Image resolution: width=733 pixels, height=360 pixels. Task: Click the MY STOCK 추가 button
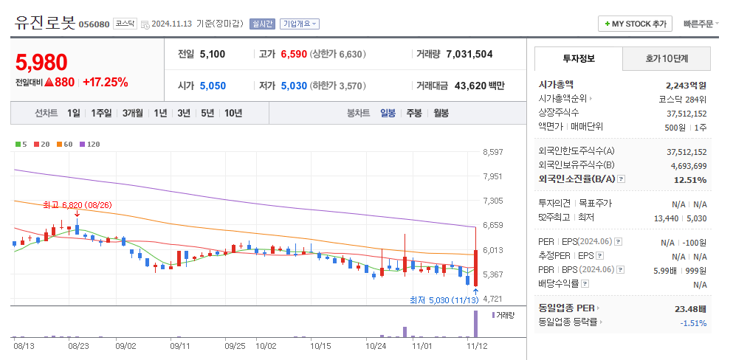coord(635,24)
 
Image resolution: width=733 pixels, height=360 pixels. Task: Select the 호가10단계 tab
coord(666,58)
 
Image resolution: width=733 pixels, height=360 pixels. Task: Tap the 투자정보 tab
coord(578,58)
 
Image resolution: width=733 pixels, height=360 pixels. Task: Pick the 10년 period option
coord(233,113)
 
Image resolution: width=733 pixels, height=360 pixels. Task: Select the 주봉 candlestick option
coord(414,113)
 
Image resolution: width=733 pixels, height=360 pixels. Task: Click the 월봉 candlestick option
coord(441,113)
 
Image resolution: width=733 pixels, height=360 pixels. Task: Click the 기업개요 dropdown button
coord(299,24)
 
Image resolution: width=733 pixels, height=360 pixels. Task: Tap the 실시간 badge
coord(262,24)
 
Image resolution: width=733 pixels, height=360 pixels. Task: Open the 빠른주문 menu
coord(698,24)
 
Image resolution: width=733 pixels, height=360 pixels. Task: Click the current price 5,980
coord(41,63)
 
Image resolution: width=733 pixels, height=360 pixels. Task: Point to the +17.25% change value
coord(105,82)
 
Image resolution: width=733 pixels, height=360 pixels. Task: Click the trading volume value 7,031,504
coord(469,54)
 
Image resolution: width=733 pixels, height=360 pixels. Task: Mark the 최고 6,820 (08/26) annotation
coord(77,204)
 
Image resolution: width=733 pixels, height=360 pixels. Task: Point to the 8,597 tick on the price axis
coord(492,152)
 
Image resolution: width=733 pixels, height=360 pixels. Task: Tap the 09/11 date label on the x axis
coord(180,345)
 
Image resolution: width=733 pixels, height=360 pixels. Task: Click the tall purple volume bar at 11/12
coord(475,325)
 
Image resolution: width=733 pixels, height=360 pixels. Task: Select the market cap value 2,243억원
coord(686,85)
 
